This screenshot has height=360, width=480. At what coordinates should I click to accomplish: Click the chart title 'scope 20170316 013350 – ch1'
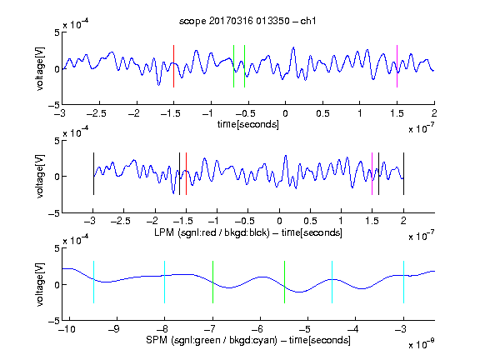(x=247, y=21)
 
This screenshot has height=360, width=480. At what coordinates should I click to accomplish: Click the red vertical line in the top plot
(x=173, y=66)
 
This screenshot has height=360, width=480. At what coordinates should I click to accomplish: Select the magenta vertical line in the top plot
(x=397, y=66)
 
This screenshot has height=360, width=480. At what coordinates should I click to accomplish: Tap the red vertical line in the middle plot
(x=186, y=173)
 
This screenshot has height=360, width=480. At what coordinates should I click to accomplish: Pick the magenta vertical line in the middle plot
(x=372, y=173)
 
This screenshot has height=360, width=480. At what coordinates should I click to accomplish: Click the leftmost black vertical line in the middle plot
(x=93, y=173)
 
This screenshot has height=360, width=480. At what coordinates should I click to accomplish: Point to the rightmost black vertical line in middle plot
(x=403, y=173)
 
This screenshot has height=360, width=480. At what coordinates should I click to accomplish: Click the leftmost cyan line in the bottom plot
(x=93, y=282)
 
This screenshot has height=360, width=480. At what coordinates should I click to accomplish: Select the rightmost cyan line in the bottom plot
(x=403, y=282)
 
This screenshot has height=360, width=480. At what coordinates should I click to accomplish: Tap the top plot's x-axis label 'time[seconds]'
(x=248, y=125)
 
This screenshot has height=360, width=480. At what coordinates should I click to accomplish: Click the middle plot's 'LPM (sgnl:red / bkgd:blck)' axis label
(x=212, y=232)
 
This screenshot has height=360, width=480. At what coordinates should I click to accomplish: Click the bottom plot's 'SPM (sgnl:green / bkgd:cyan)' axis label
(x=212, y=340)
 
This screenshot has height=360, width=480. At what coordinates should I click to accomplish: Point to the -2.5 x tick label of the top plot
(x=96, y=114)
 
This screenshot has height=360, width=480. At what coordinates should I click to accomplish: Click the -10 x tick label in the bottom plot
(x=67, y=329)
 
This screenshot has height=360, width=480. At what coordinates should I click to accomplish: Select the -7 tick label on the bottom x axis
(x=210, y=329)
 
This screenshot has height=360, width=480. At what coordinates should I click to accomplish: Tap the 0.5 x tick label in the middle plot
(x=310, y=221)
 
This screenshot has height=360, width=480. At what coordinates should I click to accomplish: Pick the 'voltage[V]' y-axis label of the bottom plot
(x=40, y=285)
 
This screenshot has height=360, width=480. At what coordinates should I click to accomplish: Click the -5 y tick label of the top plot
(x=54, y=105)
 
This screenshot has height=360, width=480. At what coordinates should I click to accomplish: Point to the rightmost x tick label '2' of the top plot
(x=434, y=113)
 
